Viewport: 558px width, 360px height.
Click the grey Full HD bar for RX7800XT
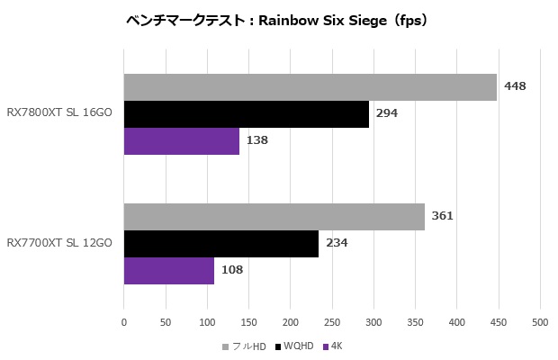click(x=310, y=87)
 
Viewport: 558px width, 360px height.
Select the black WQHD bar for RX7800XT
click(x=246, y=114)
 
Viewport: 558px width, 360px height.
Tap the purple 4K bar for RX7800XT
click(x=181, y=141)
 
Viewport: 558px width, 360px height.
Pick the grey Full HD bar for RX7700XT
click(x=274, y=217)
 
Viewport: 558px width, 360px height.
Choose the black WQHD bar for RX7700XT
click(x=220, y=244)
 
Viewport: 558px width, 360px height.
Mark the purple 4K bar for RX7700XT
click(x=168, y=270)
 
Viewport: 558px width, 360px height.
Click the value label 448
click(x=515, y=86)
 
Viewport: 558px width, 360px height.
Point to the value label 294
click(x=387, y=113)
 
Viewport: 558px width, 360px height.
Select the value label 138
click(x=257, y=140)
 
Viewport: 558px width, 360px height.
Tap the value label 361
click(x=442, y=216)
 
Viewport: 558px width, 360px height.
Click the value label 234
click(x=337, y=243)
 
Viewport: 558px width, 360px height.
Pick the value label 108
click(x=232, y=269)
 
